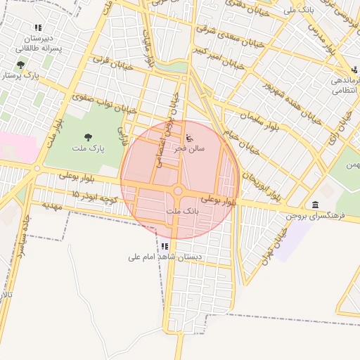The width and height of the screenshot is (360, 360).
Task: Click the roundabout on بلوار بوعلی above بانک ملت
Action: (x=178, y=191)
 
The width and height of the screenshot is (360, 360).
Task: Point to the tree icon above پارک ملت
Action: (x=87, y=138)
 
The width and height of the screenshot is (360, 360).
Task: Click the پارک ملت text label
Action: (x=87, y=150)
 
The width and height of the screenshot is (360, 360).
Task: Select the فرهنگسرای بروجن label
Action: (x=315, y=216)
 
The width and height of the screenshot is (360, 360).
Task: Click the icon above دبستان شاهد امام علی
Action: (x=164, y=246)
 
